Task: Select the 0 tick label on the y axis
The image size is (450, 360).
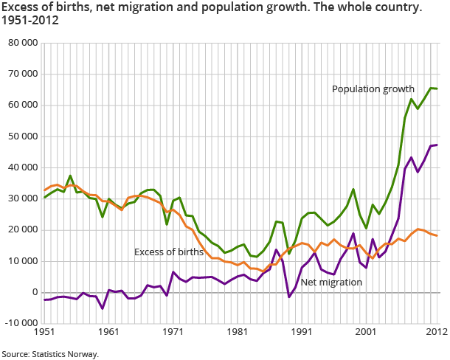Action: pos(35,292)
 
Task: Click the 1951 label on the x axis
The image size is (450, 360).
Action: pos(44,332)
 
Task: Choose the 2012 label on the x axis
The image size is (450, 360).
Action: pos(436,332)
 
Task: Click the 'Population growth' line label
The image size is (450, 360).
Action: pos(373,89)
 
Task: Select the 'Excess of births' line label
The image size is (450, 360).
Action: pos(168,252)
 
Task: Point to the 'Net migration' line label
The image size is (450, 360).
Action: pos(331,282)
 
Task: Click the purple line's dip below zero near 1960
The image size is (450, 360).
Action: pos(103,308)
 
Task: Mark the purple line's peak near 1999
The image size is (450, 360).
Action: pos(353,233)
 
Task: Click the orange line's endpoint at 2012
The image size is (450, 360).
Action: pos(437,235)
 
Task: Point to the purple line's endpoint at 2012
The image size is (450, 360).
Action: pos(437,145)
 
